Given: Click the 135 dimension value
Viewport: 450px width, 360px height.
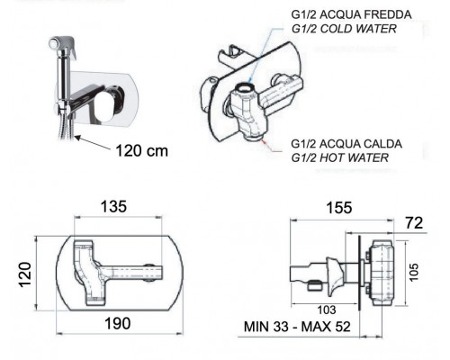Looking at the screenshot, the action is click(113, 207).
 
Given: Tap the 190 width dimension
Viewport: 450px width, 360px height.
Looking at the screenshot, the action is click(117, 323).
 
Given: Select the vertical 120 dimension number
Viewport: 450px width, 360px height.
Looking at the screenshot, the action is click(25, 274).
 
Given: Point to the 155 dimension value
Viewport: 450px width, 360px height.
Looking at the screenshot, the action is click(339, 208).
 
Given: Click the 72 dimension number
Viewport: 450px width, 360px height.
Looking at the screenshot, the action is click(414, 223).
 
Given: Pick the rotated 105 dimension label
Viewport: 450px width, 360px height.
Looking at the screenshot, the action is click(413, 272).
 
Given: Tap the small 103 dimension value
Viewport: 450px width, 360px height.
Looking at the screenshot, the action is click(327, 310).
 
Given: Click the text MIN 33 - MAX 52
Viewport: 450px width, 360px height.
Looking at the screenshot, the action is click(297, 327).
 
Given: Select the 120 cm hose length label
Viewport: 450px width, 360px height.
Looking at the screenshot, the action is click(141, 150).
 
